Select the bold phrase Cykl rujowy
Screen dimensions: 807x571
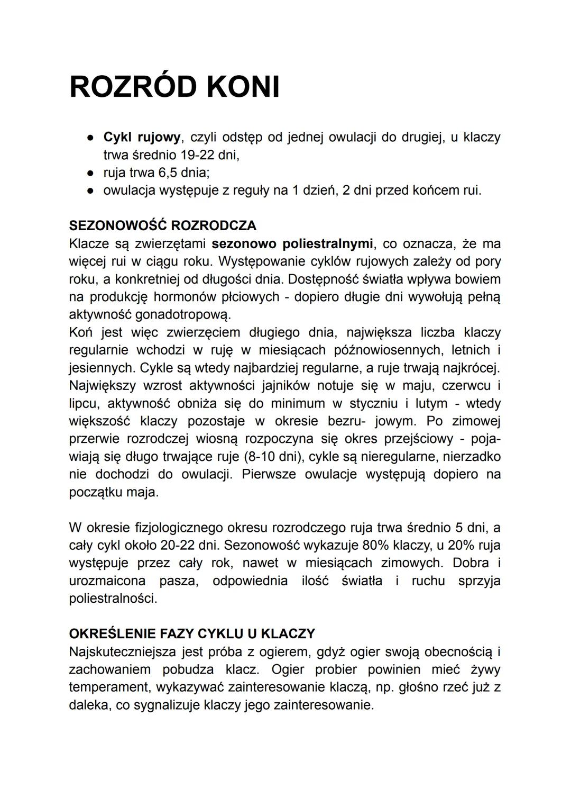[142, 138]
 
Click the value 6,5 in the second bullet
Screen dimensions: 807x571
[164, 173]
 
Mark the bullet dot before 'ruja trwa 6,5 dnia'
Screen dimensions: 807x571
[91, 173]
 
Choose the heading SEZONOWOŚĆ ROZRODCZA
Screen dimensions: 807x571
[162, 225]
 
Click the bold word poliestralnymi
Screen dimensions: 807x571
[328, 243]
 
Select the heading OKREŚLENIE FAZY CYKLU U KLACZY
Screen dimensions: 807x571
[192, 633]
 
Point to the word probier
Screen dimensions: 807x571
[336, 669]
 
